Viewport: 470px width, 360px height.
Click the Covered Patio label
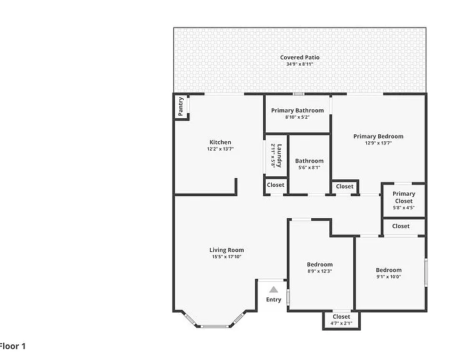300,57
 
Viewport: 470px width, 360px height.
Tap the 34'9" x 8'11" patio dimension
300,64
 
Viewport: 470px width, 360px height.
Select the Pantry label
181,106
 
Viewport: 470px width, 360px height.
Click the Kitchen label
220,142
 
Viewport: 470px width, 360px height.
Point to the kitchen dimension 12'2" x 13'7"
220,149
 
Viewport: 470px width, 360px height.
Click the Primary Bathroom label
297,111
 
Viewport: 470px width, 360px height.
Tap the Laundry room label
279,156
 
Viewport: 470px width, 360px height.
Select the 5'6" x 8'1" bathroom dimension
309,167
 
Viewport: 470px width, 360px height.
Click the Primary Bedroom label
378,136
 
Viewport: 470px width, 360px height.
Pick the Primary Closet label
404,197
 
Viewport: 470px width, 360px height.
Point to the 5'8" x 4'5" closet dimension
404,207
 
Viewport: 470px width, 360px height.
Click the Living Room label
227,250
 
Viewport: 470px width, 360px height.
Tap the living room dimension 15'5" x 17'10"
227,257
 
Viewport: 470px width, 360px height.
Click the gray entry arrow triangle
273,289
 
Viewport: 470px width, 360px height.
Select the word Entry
274,300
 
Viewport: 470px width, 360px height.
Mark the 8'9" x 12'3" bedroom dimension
320,271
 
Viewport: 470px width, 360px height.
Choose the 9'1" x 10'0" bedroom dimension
389,277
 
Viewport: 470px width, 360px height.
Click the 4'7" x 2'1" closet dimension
341,323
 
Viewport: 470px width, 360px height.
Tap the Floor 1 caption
12,346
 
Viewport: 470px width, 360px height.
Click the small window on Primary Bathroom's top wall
299,94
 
